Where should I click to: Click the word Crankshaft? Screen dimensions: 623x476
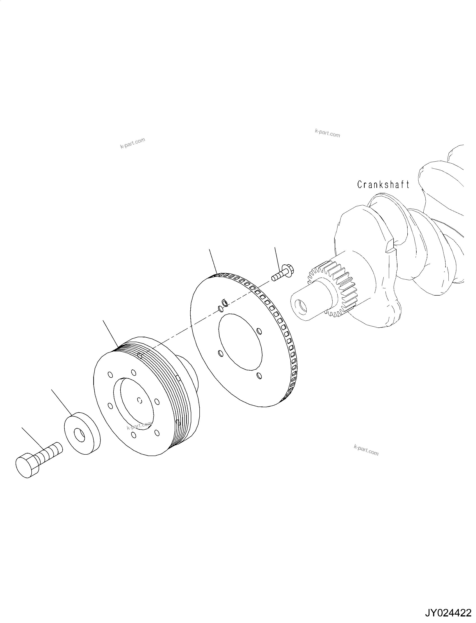pos(383,185)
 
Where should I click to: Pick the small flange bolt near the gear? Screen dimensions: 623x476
pos(283,273)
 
